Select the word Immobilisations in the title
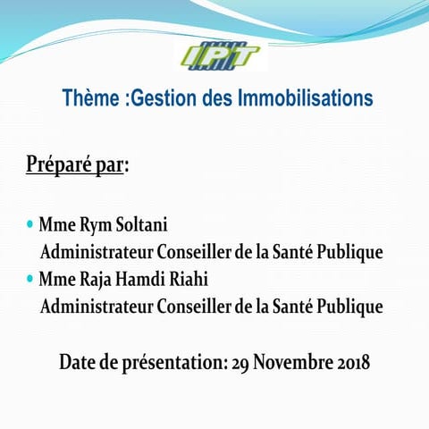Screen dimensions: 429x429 click(306, 97)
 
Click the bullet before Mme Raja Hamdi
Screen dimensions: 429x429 click(30, 278)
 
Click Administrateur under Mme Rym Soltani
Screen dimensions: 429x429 click(97, 252)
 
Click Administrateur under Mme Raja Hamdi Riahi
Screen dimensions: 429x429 click(97, 307)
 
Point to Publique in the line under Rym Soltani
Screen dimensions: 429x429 click(349, 252)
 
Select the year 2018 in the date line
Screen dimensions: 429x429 click(351, 363)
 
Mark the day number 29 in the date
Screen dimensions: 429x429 click(240, 363)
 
